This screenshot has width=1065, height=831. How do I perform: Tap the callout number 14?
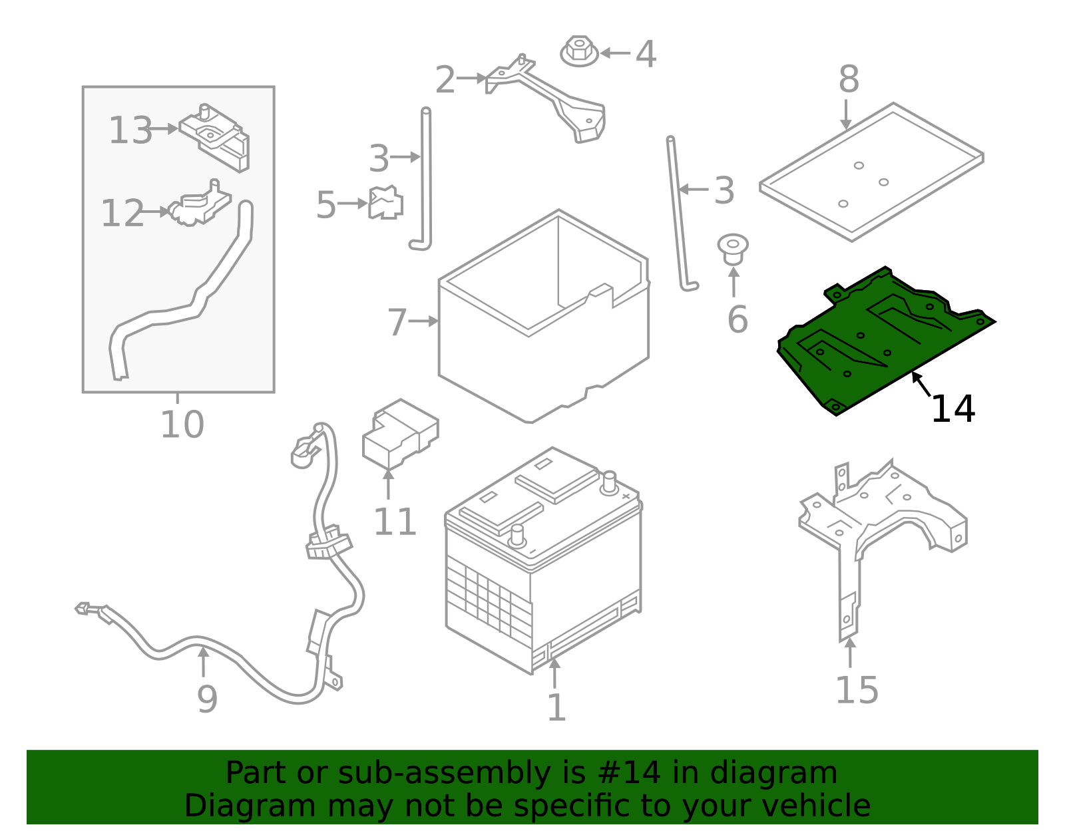(x=953, y=409)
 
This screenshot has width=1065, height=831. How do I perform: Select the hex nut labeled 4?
(x=579, y=51)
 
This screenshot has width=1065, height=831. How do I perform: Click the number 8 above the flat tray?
(x=849, y=80)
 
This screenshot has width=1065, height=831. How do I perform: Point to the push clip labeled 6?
(x=732, y=248)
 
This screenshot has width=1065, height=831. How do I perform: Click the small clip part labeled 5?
(x=385, y=202)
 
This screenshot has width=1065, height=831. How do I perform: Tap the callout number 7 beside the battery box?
(x=397, y=322)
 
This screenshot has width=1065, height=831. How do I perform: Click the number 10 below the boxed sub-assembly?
(x=182, y=424)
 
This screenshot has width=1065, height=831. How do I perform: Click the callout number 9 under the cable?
(x=207, y=699)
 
